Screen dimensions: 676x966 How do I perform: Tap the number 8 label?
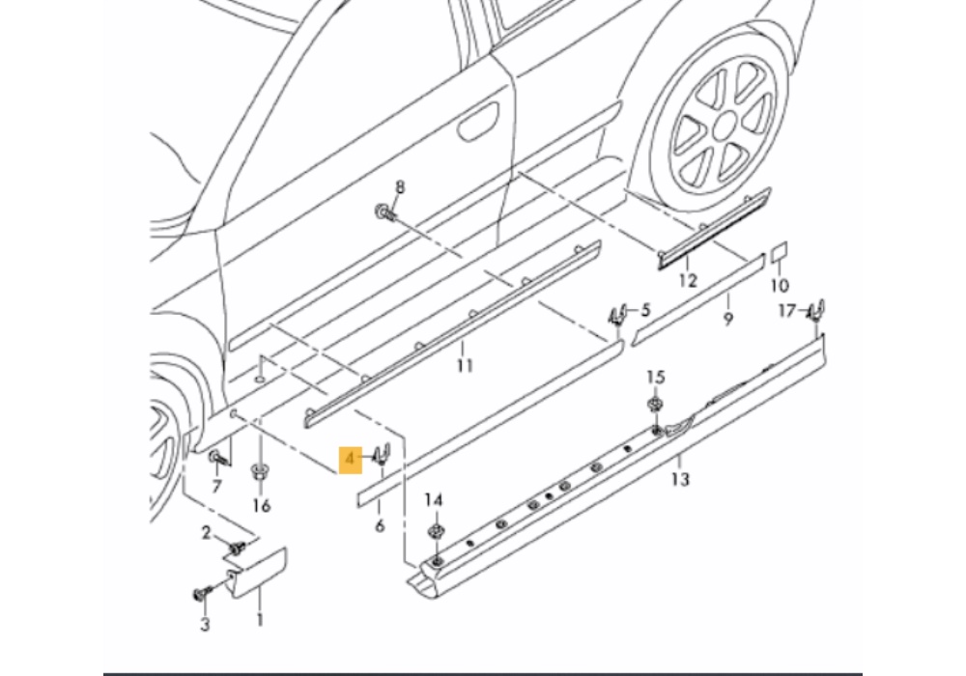[x=400, y=187]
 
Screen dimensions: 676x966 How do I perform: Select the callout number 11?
[x=465, y=365]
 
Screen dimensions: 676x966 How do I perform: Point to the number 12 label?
[x=687, y=281]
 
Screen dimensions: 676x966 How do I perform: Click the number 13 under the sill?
[x=681, y=478]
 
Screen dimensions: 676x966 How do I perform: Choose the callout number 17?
[x=787, y=311]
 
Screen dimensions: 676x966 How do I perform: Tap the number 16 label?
[x=262, y=506]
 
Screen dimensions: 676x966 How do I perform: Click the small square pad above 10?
[x=779, y=254]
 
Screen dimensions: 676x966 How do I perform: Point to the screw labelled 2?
[x=235, y=549]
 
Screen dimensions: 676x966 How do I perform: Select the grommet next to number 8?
[x=385, y=213]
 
